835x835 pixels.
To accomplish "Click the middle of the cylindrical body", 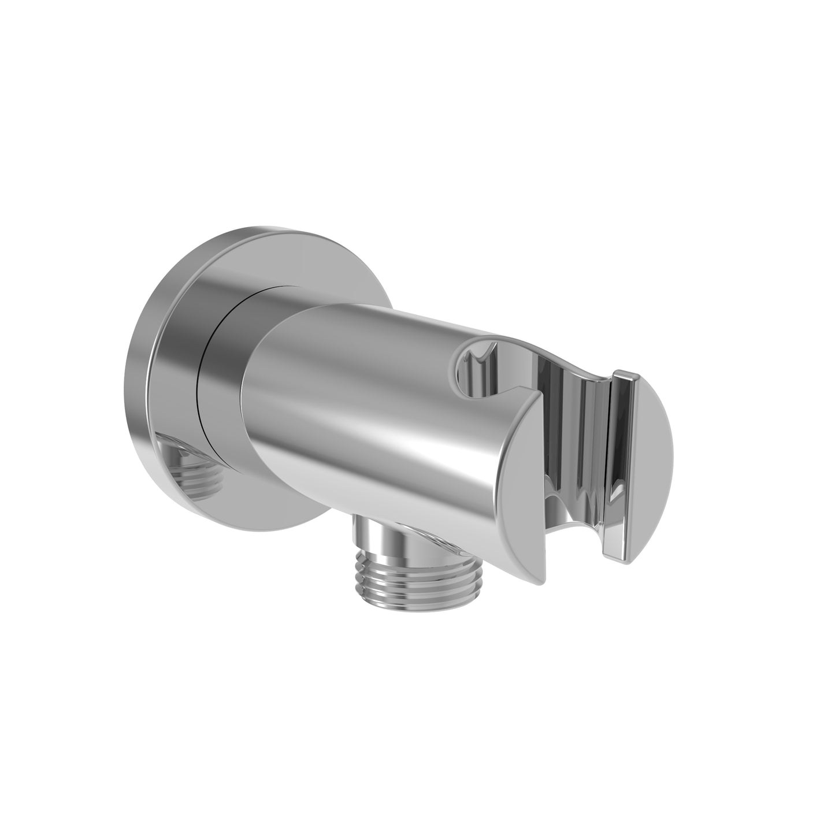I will [370, 404].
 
